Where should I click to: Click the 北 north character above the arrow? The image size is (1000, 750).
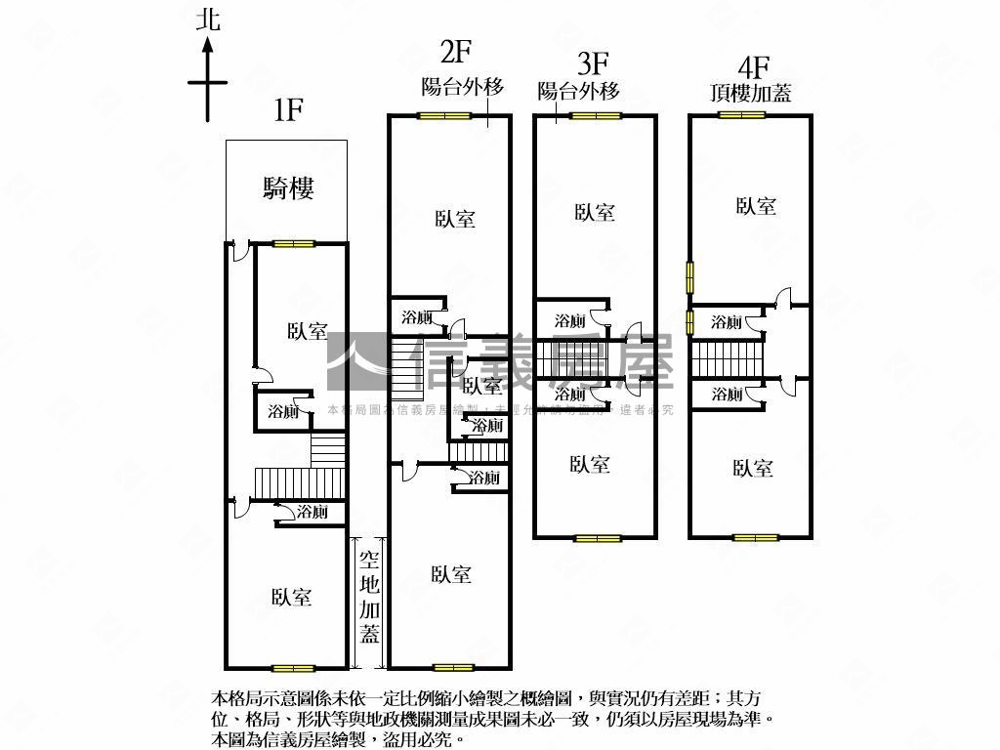coord(208,20)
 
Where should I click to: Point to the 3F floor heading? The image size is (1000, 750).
coord(593,65)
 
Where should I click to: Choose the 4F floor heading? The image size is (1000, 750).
coord(754,67)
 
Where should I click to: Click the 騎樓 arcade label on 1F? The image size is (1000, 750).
coord(288,188)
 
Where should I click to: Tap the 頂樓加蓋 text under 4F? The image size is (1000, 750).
coord(751,94)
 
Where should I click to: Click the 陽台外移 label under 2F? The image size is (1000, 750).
coord(462,87)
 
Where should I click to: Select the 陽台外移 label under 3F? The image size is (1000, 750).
coord(579,92)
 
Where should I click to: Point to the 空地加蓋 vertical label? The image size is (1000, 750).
coord(369,597)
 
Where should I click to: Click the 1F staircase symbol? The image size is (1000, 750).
coord(283,480)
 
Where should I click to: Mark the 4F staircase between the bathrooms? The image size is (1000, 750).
coord(727,357)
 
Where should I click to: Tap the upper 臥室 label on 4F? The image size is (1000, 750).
coord(757,206)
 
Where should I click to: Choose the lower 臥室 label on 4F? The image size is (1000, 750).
coord(753,469)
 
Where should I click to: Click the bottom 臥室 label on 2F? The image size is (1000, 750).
coord(451,575)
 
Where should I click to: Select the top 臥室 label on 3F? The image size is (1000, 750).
coord(594,212)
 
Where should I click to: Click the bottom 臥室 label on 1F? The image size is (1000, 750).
coord(292,597)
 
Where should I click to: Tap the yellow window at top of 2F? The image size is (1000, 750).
coord(445,116)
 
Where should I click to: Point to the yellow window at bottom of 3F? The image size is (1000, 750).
coord(598,537)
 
